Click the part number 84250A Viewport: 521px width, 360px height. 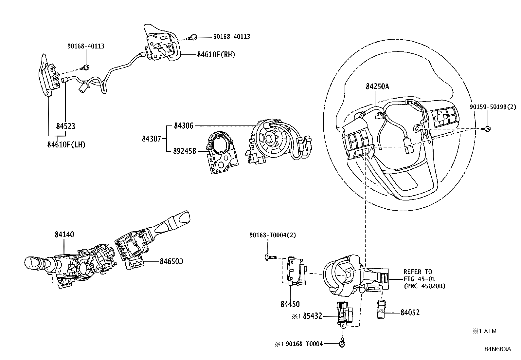pos(377,86)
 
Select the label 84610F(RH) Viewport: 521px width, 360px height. pos(216,55)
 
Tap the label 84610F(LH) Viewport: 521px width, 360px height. pos(66,144)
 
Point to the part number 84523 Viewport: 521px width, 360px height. pos(65,126)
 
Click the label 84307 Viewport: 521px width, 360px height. pos(152,139)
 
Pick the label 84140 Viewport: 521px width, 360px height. pos(64,235)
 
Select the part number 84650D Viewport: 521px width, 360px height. pos(171,261)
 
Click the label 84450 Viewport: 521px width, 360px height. pos(290,304)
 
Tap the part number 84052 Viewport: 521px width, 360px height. pos(410,313)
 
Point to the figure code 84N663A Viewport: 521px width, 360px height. pos(498,349)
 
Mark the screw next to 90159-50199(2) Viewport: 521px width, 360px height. pos(487,129)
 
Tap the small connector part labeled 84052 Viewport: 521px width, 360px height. pos(382,310)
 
